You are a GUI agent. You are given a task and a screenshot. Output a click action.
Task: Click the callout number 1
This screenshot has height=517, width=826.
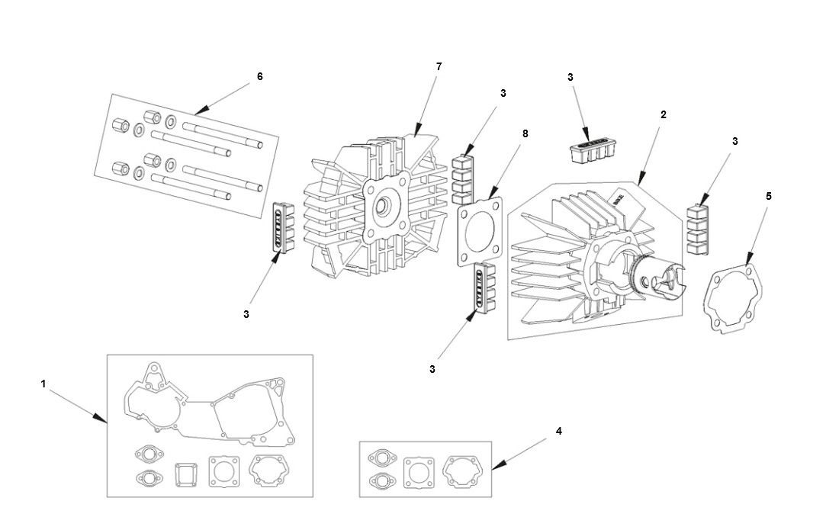43,384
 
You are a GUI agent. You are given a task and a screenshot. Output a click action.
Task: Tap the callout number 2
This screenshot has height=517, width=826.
664,114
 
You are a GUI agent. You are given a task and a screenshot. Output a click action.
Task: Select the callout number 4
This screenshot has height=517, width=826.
558,431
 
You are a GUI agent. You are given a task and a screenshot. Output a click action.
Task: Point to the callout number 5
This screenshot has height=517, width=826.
768,196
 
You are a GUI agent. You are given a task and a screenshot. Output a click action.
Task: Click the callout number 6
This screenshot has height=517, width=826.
259,76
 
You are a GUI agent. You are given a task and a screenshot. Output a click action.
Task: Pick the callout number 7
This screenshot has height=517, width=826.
439,66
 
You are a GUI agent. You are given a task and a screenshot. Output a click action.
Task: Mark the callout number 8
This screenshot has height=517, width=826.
525,133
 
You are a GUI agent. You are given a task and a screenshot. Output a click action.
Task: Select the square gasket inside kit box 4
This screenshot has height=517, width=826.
418,470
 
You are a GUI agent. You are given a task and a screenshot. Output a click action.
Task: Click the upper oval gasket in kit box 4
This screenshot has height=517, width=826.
379,458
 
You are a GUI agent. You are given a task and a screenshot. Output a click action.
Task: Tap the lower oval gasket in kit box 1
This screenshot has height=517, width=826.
147,478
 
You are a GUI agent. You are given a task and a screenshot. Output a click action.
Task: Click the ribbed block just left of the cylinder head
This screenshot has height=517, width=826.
284,226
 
